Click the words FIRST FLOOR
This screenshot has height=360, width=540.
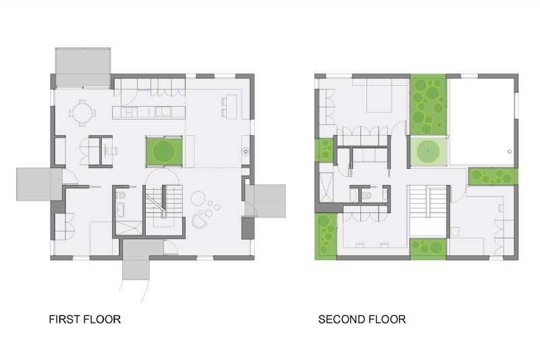[84, 319]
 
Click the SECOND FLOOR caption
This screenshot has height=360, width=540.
[362, 319]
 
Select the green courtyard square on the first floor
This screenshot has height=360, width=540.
[163, 150]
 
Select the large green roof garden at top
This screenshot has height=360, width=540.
[427, 104]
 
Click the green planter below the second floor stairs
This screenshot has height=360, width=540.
[428, 248]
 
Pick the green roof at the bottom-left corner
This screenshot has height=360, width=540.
[327, 236]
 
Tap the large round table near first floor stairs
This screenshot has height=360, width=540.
[200, 198]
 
